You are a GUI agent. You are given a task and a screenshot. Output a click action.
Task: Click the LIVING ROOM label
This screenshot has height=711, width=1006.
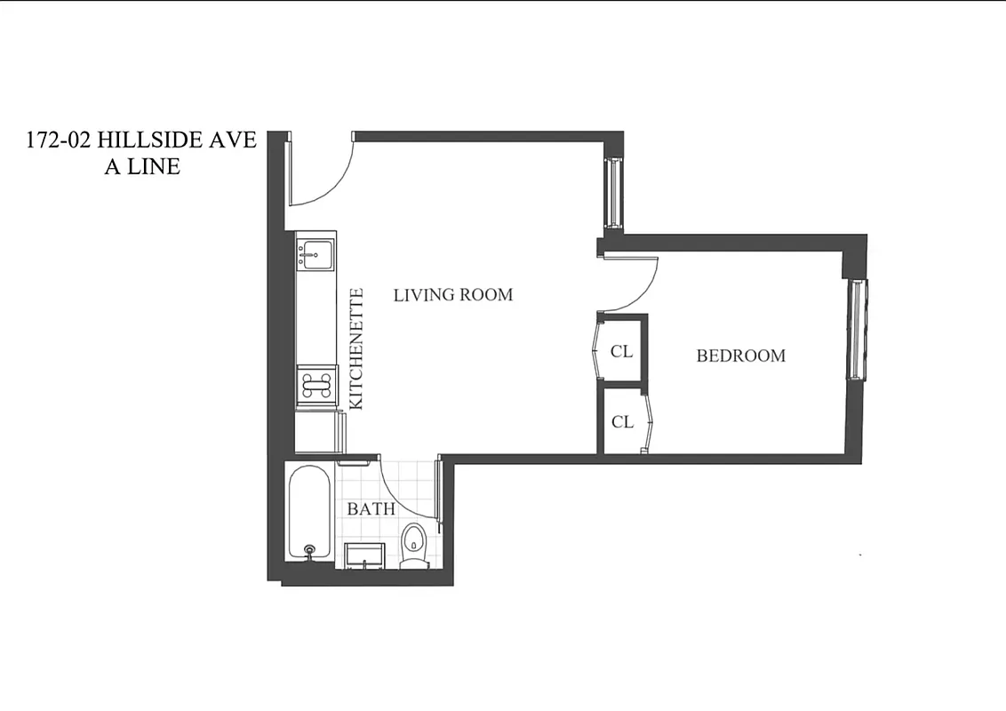tap(452, 294)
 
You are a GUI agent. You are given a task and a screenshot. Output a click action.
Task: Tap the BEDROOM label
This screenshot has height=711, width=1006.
tap(740, 355)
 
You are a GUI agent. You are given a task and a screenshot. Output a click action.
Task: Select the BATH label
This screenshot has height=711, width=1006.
tap(371, 509)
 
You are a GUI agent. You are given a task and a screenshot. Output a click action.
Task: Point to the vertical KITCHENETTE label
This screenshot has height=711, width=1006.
tap(357, 348)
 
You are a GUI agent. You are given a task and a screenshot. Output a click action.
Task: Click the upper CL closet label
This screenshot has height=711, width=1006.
tap(621, 352)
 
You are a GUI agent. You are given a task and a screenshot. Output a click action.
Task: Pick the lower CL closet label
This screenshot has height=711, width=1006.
tap(622, 422)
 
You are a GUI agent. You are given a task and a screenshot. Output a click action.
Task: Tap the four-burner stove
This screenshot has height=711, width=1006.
tap(316, 385)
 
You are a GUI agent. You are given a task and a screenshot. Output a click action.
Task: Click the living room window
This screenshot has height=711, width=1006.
tap(611, 192)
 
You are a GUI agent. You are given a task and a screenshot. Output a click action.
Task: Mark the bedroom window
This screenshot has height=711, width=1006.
tap(857, 329)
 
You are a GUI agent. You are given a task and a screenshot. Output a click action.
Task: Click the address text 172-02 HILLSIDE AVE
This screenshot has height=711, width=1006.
tap(141, 140)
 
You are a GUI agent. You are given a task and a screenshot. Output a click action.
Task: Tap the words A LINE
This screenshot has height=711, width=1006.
tap(142, 166)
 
